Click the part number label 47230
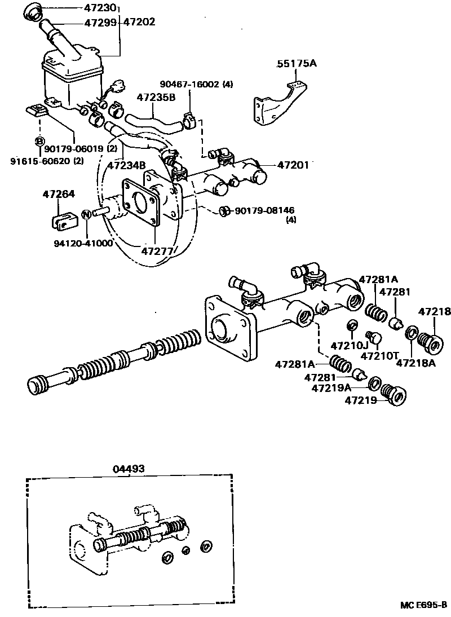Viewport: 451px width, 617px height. (x=100, y=8)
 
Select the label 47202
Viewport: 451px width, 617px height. (x=139, y=23)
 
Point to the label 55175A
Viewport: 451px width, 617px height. (x=297, y=64)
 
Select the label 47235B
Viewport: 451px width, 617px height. (x=156, y=96)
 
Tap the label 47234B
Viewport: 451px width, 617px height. (x=127, y=165)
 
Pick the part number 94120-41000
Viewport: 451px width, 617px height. (x=83, y=243)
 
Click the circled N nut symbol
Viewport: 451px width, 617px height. (x=86, y=214)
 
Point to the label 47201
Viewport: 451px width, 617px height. (x=293, y=165)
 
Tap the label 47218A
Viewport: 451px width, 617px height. (x=415, y=363)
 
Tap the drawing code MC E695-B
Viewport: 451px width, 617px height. (x=424, y=605)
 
